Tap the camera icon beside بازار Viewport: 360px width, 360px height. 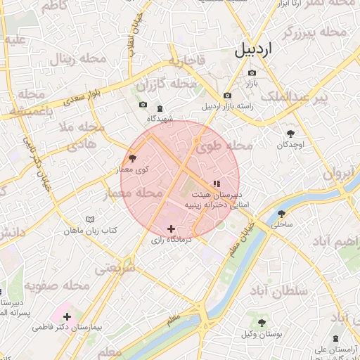click(252, 72)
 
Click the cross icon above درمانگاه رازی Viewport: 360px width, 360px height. click(171, 229)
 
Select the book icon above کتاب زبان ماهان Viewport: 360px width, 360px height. click(90, 219)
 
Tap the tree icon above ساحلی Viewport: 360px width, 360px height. click(281, 214)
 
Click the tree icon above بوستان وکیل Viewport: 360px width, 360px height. click(262, 323)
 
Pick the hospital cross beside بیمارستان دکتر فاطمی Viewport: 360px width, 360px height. click(67, 316)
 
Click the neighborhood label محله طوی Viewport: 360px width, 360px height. click(224, 146)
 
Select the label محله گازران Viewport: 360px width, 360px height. click(166, 86)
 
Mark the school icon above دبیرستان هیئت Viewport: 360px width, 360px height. click(216, 184)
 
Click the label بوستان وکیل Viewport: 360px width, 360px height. click(262, 334)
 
